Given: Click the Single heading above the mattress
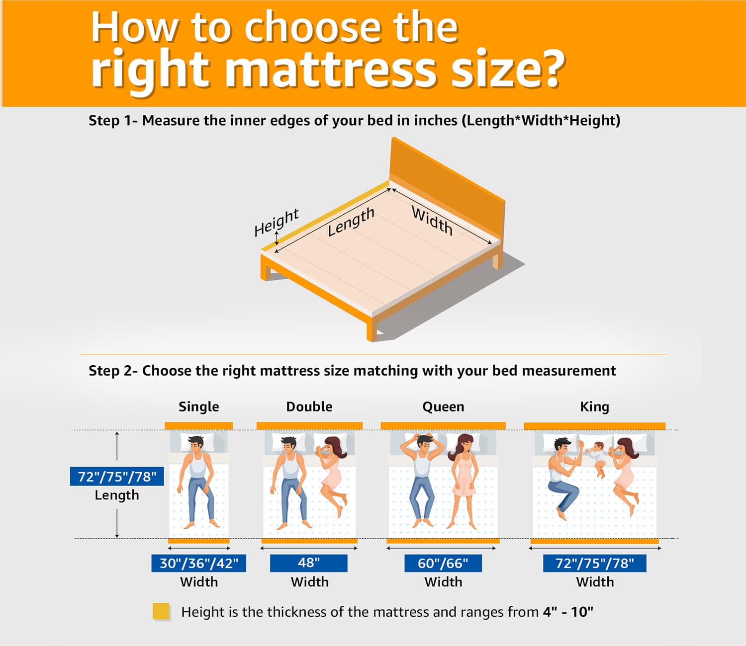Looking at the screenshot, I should coord(198,406).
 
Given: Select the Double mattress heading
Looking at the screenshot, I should coord(309,406).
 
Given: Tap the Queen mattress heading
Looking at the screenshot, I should coord(443,406).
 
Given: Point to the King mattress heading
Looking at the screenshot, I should coord(594,406).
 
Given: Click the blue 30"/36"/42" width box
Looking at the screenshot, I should coord(198,563).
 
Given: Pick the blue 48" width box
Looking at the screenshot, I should coord(308,563).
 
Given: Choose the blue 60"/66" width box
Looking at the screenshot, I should coord(443,563).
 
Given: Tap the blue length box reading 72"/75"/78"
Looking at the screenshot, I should coord(117,477).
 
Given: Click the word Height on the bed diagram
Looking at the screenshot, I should coord(276,222).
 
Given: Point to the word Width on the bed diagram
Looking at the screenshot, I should coord(432,220).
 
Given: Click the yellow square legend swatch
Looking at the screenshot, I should coord(161,611).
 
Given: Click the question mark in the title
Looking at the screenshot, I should coord(552,70).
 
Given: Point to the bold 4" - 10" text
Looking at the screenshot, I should coord(568,612).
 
